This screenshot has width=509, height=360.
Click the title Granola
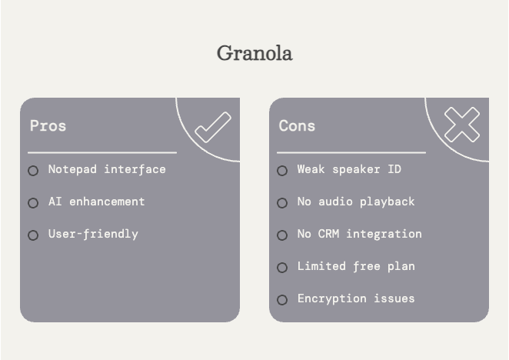click(254, 53)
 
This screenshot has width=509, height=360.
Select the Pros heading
click(48, 125)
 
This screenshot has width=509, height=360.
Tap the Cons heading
click(297, 125)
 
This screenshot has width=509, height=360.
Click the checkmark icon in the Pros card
click(212, 128)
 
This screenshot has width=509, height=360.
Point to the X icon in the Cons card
click(461, 125)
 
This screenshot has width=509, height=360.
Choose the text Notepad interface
click(107, 169)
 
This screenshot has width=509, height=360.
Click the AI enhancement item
click(96, 202)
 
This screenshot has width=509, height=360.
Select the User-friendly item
click(93, 234)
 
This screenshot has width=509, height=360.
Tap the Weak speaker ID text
click(349, 169)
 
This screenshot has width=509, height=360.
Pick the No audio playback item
click(356, 202)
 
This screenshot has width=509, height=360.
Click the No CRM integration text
click(359, 234)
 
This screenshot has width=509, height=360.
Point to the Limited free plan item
click(356, 266)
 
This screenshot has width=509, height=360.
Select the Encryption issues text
click(356, 298)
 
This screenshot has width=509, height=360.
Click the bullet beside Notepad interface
click(33, 171)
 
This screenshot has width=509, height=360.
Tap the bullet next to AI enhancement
click(33, 203)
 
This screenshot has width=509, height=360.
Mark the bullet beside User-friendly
click(33, 235)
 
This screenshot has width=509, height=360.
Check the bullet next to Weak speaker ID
click(282, 171)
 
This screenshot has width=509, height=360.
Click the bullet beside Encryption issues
click(282, 300)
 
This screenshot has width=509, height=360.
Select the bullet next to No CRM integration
click(282, 235)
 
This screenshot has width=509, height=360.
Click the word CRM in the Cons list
click(328, 234)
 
